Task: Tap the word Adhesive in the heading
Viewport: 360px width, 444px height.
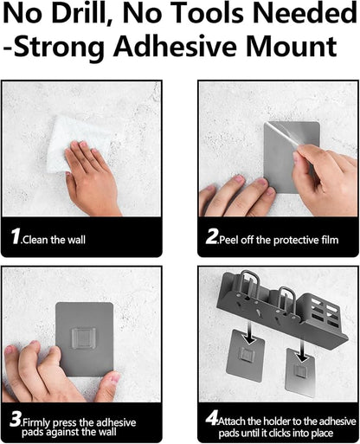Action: [x=175, y=46]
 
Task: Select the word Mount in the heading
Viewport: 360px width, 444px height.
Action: [x=292, y=46]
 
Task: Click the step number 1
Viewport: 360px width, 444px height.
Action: [x=16, y=236]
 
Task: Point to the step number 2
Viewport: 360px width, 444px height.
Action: [x=212, y=236]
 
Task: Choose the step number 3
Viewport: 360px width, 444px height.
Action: [x=16, y=419]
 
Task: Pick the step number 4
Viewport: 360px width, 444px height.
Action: [x=212, y=418]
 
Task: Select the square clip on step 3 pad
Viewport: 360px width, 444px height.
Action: [x=84, y=338]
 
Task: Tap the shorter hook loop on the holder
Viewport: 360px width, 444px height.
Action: [x=286, y=299]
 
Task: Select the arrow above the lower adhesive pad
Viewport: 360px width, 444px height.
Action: [x=301, y=350]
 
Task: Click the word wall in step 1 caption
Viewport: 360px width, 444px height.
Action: [x=76, y=240]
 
